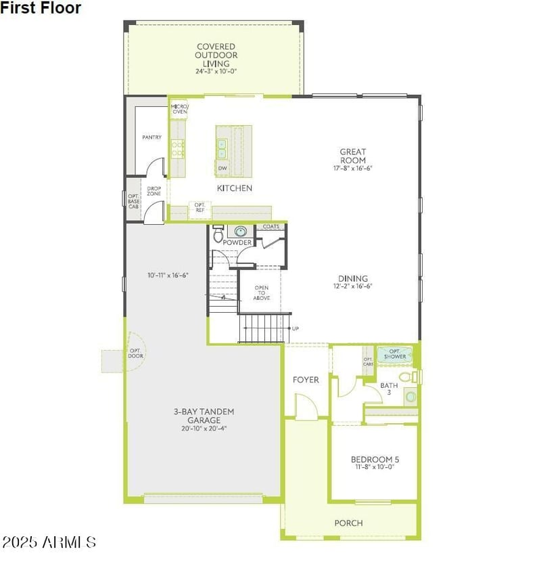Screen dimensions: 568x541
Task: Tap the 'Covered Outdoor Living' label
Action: click(x=216, y=56)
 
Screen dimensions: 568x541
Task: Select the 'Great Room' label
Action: click(x=353, y=156)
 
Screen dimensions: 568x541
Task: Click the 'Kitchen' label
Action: click(x=235, y=188)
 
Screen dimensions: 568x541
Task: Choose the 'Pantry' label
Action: click(x=151, y=137)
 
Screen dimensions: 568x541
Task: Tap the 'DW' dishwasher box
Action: click(x=222, y=168)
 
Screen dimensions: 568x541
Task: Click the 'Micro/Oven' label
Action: click(x=179, y=108)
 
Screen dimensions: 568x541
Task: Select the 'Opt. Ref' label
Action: click(x=199, y=207)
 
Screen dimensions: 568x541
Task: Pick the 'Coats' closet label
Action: click(x=271, y=227)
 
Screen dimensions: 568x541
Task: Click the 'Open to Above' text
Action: click(x=262, y=292)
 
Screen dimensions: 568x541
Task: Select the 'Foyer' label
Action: click(x=306, y=380)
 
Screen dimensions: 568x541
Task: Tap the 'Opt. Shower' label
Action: click(x=396, y=353)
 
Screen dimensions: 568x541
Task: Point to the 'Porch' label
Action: click(x=348, y=523)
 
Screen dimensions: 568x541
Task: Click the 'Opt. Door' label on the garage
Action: click(x=134, y=353)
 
